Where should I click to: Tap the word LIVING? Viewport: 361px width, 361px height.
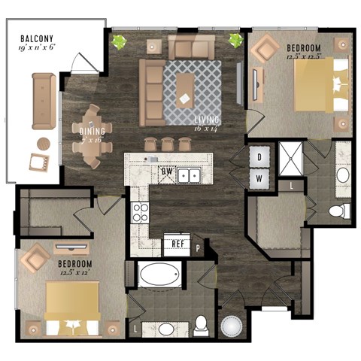204,120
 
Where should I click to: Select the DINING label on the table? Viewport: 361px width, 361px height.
92,130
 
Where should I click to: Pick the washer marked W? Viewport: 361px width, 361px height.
259,178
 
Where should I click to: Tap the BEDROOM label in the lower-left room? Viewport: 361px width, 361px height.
75,264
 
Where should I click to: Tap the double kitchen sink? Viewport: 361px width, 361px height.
189,177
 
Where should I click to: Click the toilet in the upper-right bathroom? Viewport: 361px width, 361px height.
340,210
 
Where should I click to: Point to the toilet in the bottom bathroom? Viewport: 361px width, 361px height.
202,324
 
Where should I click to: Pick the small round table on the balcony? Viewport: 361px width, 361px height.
44,143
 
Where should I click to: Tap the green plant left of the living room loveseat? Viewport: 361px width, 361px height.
119,41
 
